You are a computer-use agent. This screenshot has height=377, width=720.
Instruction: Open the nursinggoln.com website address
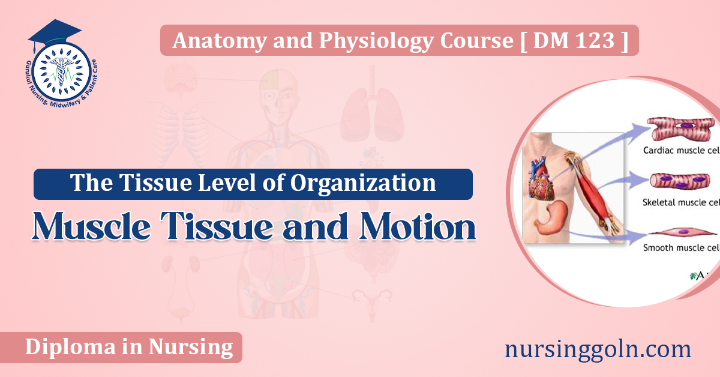(598, 349)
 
